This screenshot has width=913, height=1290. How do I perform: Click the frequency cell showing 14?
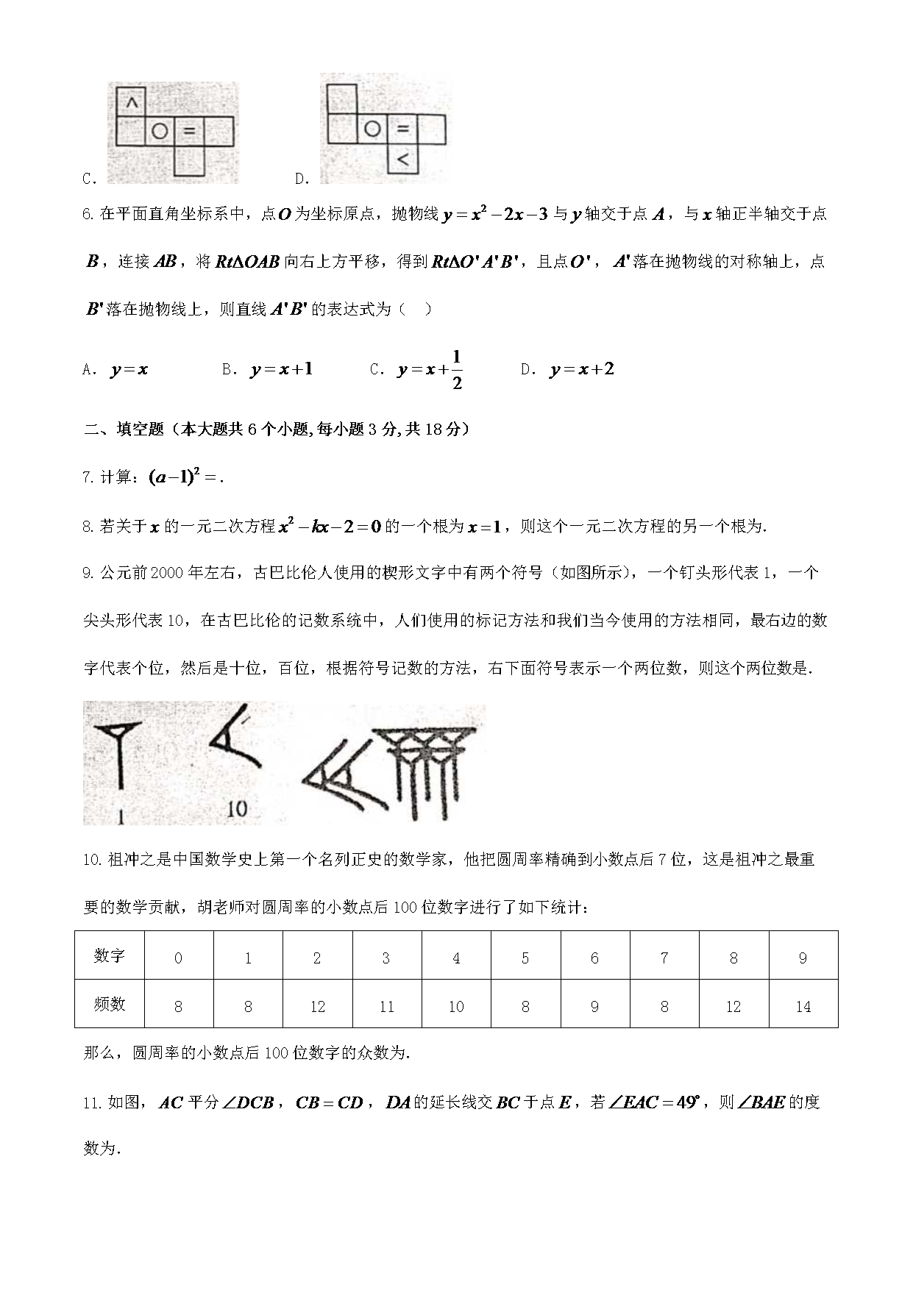[x=803, y=1006]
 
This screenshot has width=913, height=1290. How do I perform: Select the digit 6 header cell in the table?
[x=594, y=958]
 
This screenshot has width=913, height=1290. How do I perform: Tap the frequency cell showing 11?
[x=386, y=1006]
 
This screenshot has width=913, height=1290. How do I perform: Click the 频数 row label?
[x=110, y=1005]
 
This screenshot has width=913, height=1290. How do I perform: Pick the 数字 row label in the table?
[x=110, y=956]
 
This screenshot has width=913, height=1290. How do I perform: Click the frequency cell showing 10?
[x=456, y=1006]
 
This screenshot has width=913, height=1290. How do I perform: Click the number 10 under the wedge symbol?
[x=237, y=809]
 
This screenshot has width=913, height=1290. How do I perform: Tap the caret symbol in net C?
[x=131, y=102]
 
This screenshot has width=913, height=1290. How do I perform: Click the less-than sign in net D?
[x=402, y=158]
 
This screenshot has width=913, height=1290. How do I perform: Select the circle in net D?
[x=372, y=129]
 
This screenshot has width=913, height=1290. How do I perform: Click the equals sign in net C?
[x=189, y=131]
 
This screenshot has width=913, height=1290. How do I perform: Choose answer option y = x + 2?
[x=581, y=369]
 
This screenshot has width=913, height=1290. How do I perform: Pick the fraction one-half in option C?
[x=457, y=370]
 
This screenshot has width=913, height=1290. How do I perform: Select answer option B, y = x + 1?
[x=281, y=369]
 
